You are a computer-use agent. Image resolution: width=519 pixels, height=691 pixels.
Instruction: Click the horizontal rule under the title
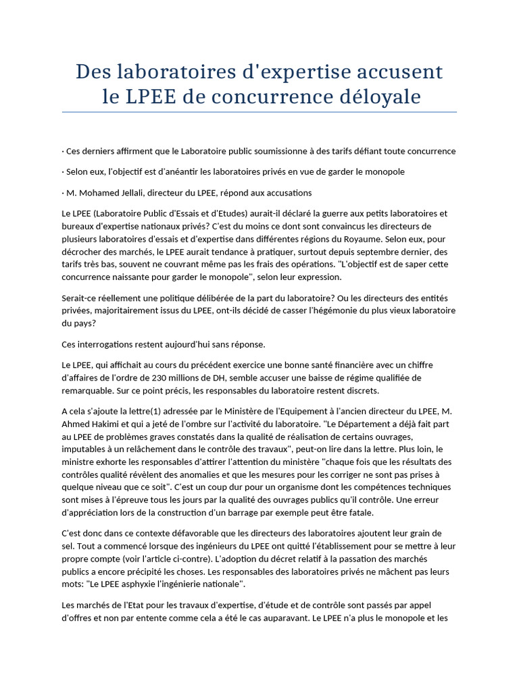pyautogui.click(x=259, y=112)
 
